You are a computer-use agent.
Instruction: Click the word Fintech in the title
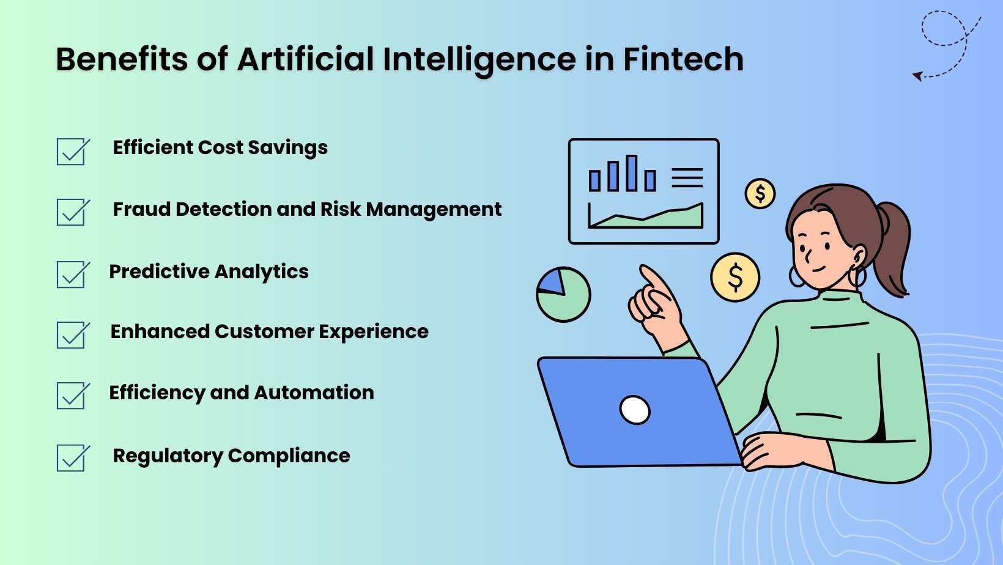683,59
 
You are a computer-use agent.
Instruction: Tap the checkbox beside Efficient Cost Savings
72,152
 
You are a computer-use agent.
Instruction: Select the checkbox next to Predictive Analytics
72,275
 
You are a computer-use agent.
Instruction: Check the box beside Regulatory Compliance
72,458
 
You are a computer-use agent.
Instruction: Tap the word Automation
314,393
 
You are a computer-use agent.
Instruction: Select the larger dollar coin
735,277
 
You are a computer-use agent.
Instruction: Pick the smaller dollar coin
760,194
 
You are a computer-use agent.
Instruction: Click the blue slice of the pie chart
552,282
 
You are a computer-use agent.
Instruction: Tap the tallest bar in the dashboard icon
632,172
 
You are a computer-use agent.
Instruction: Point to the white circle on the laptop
635,410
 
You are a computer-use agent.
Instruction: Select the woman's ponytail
894,248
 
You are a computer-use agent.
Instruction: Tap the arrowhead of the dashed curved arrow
917,76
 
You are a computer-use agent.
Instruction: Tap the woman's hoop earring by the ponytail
859,276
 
